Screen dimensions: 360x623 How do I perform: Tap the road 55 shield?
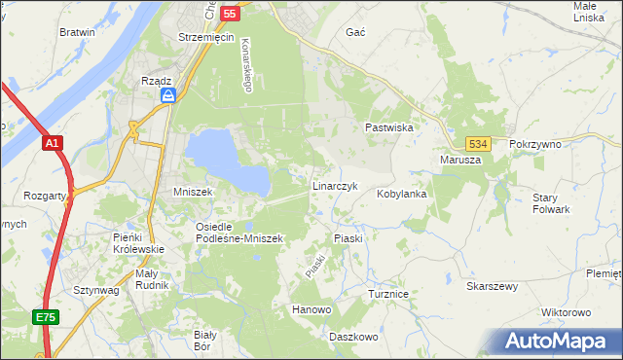230,14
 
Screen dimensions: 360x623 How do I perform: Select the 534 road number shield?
476,143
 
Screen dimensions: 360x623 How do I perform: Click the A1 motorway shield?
53,143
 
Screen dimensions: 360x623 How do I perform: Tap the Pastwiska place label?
390,127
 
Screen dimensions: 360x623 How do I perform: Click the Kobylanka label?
402,194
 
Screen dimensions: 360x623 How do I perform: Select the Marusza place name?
460,160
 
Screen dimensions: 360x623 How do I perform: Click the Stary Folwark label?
551,203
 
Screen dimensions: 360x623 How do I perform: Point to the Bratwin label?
77,32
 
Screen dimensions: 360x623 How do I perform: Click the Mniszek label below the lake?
192,193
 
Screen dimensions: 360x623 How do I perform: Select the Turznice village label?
386,293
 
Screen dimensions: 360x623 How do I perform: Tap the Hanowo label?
311,309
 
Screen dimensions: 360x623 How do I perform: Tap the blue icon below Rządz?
167,95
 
